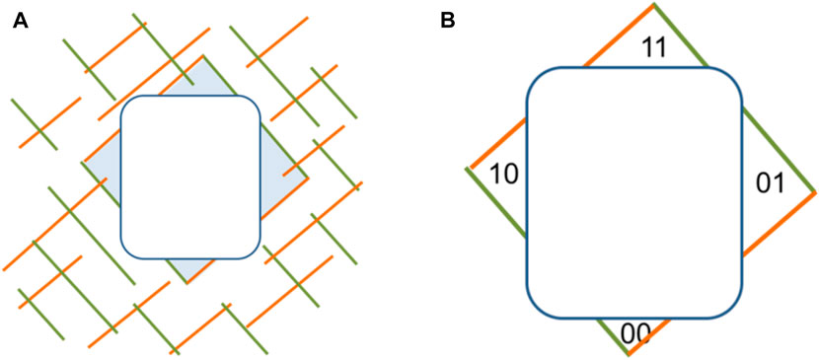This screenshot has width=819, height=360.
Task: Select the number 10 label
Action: [504, 174]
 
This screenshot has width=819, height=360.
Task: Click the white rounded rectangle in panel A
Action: [190, 178]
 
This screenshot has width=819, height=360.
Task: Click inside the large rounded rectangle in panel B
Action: [633, 192]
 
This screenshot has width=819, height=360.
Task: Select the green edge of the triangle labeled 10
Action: [496, 202]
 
